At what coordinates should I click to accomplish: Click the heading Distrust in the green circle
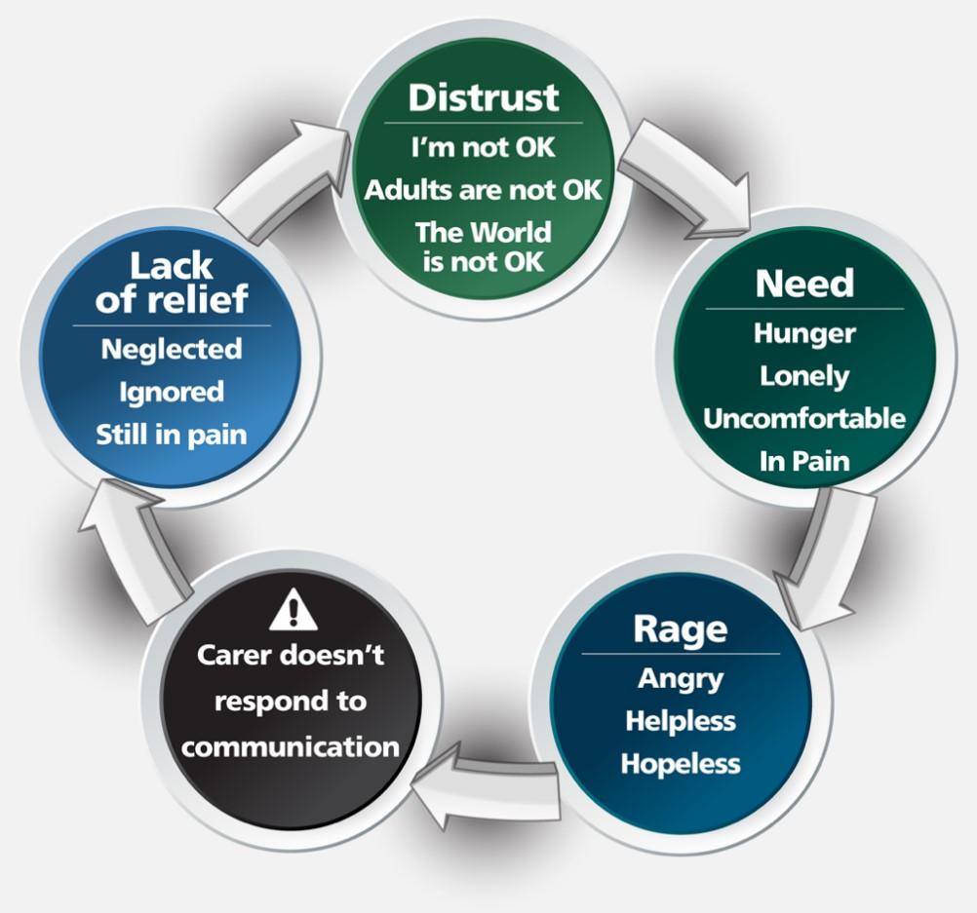point(484,97)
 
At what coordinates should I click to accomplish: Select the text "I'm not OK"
point(484,149)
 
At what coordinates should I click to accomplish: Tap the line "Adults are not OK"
point(484,189)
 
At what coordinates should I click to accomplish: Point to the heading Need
point(804,284)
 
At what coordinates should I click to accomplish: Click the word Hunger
point(804,333)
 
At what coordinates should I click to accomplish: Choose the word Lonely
point(804,376)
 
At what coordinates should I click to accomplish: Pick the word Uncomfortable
point(804,419)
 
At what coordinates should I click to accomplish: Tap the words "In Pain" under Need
point(804,461)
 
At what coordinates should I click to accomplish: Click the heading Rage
point(681,628)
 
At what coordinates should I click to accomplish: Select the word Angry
point(681,678)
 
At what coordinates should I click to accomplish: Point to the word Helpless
point(681,721)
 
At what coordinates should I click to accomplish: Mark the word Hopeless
point(681,763)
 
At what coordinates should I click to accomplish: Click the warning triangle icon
point(290,612)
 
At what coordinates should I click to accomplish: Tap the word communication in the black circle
point(290,747)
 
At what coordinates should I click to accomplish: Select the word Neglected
point(172,349)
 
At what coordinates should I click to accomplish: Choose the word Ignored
point(172,392)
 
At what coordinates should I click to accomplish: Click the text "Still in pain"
point(172,435)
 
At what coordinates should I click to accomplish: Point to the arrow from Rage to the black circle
point(483,778)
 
